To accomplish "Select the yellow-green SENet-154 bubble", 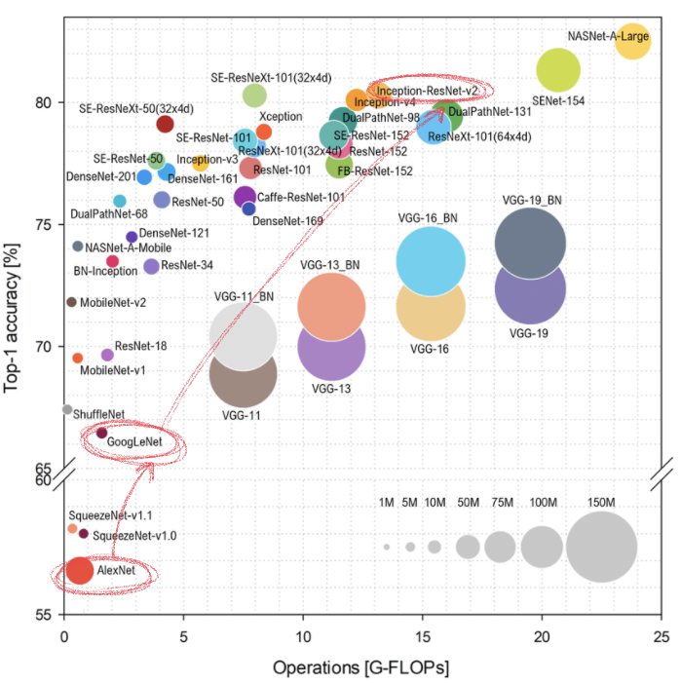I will point(558,68).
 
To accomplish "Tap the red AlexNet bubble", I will point(80,571).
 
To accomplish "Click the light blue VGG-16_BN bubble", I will point(430,260).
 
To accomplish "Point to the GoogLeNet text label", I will point(133,442).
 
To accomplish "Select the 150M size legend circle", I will point(600,548).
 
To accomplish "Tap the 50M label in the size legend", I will point(468,503).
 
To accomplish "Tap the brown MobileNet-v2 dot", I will point(71,302).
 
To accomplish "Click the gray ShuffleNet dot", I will point(67,409).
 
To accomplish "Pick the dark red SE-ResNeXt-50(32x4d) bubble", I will point(165,124).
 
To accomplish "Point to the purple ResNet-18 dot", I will point(107,355).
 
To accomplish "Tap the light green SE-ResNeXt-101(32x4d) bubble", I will point(254,95).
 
